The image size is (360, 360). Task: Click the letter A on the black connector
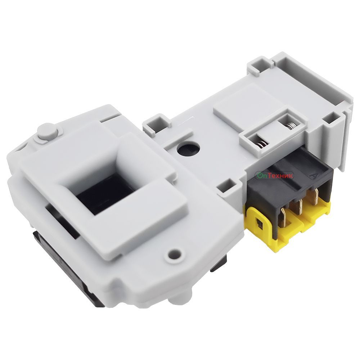312,176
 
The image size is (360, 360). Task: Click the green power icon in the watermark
259,176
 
